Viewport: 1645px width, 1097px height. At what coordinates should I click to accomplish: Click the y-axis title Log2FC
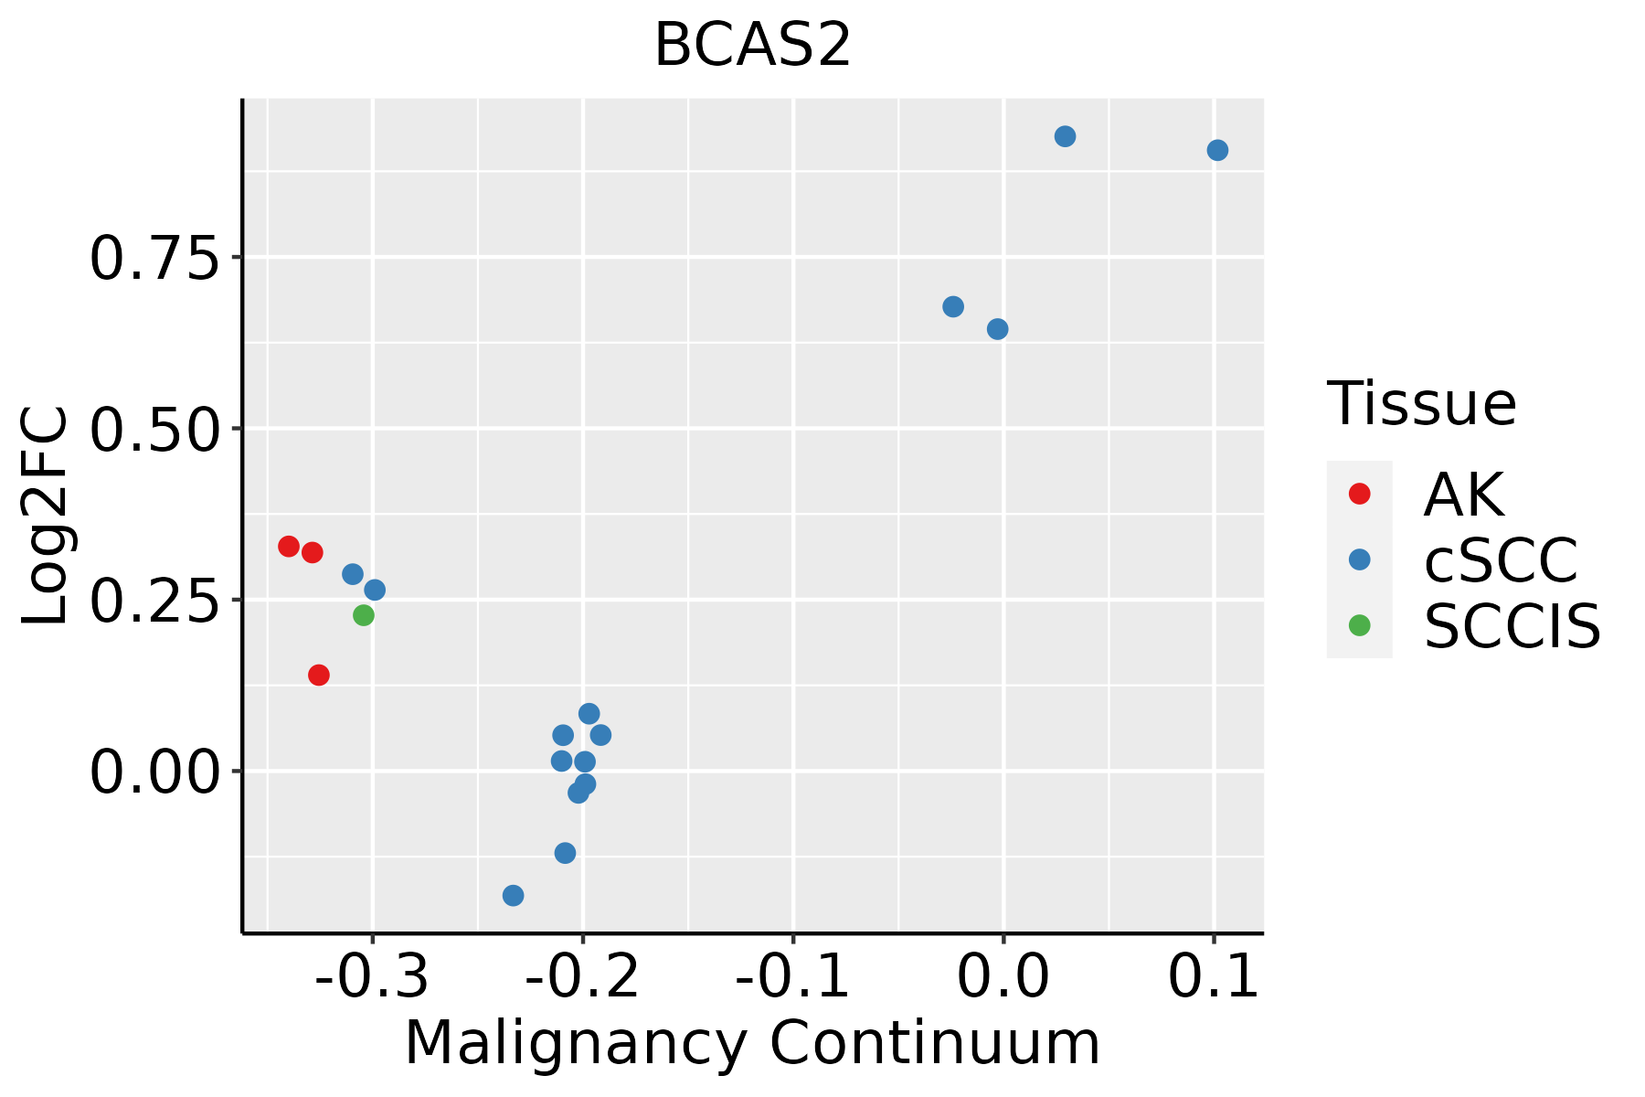pos(46,517)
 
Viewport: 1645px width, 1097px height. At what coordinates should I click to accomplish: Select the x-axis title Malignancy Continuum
pos(752,1043)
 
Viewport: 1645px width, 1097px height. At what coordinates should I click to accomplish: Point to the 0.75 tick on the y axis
pos(154,259)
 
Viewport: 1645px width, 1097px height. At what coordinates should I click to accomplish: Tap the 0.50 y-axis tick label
pos(154,430)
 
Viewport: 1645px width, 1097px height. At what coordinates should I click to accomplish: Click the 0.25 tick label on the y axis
pos(154,601)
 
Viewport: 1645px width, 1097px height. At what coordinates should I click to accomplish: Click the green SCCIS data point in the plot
pos(364,615)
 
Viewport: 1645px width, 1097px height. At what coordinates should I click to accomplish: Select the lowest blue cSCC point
pos(514,895)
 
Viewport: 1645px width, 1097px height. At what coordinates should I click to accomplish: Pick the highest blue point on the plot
pos(1065,136)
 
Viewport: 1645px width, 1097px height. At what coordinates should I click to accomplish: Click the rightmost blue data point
pos(1217,150)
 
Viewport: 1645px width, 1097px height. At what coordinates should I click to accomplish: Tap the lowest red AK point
pos(319,675)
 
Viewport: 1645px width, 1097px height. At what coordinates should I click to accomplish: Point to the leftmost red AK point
pos(289,547)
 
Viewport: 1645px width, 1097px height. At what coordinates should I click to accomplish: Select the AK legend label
pos(1463,495)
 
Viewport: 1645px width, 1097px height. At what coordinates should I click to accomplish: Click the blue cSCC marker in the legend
pos(1360,559)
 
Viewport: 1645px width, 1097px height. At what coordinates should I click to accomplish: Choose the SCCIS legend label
pos(1512,626)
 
